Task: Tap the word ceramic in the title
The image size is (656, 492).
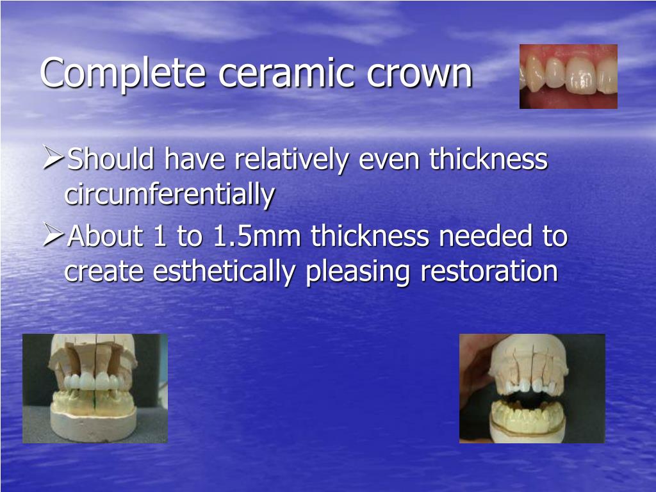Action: pos(284,74)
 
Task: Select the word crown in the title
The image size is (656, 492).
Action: pos(420,74)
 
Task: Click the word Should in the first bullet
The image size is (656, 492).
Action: pos(111,160)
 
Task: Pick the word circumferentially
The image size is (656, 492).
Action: pos(170,195)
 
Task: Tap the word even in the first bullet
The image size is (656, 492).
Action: pos(390,160)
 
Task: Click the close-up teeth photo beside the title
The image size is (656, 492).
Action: pos(568,76)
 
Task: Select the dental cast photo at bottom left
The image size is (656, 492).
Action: pos(95,388)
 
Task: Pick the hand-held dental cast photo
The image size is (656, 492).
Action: pos(532,388)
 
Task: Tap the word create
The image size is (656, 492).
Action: pos(105,272)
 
